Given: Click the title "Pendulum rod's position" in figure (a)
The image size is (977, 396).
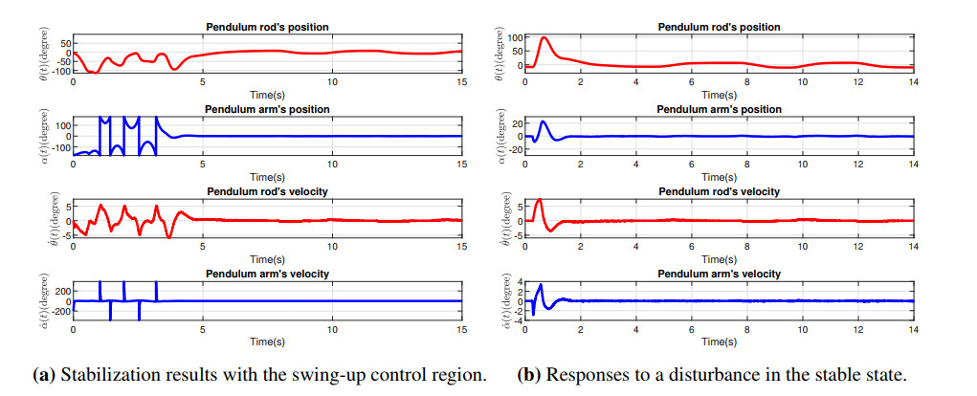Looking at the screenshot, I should pos(267,26).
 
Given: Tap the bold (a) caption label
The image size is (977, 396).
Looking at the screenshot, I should pos(42,375).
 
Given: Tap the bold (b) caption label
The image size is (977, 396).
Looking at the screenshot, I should pos(528,375).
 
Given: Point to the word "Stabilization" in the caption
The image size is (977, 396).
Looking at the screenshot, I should pos(104,375).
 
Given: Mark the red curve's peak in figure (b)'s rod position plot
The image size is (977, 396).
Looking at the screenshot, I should pos(544,38).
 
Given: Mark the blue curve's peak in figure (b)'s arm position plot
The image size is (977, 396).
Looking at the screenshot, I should pos(544,121).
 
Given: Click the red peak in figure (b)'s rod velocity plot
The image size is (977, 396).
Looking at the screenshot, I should pos(540,200).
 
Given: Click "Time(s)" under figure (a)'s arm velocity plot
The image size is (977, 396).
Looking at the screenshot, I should pos(267,341).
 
